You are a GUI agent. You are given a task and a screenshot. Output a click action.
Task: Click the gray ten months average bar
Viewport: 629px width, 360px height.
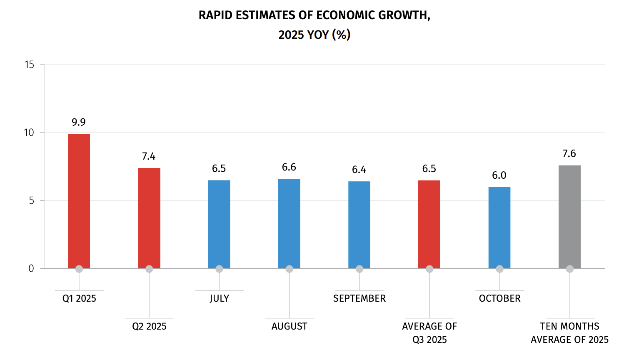(x=569, y=217)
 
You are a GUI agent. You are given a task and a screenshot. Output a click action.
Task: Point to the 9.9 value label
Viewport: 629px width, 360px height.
(x=79, y=122)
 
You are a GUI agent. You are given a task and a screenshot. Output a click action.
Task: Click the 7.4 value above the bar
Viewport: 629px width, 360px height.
(x=149, y=156)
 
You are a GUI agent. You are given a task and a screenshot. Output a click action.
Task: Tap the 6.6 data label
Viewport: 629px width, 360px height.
(x=289, y=167)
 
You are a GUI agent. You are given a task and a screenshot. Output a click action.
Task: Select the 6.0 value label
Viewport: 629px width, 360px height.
(x=499, y=175)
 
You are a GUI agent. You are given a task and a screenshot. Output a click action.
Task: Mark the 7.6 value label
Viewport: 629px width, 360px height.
(x=569, y=154)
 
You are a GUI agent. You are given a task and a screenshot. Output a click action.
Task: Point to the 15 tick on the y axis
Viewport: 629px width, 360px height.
(x=29, y=65)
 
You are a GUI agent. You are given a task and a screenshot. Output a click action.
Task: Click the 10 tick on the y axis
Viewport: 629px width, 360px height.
(x=29, y=132)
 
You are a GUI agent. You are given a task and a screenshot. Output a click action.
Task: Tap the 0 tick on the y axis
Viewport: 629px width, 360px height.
(x=31, y=269)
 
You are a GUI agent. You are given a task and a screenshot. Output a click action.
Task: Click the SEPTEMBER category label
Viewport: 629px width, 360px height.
(x=359, y=298)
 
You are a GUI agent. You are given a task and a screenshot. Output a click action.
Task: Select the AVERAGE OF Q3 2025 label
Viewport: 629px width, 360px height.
(x=429, y=333)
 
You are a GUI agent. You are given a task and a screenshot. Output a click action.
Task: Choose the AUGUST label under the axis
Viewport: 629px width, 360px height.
(x=289, y=326)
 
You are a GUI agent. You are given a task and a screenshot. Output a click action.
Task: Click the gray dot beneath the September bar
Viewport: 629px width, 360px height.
(x=359, y=269)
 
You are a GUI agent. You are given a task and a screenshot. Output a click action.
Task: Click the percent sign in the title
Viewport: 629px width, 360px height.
(x=341, y=35)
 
